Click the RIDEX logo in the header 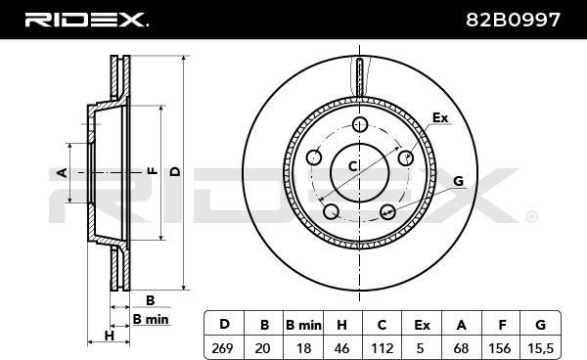(86, 20)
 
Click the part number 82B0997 (513, 20)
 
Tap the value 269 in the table (222, 348)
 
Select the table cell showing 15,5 (540, 348)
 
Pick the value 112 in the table (382, 348)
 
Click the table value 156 (500, 348)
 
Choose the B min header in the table (303, 325)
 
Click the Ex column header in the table (422, 325)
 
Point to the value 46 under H (341, 348)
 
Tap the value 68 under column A (461, 348)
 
